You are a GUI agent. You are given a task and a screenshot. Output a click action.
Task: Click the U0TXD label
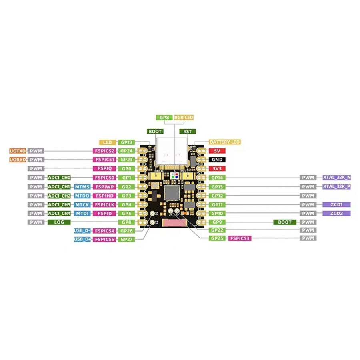pyautogui.click(x=18, y=151)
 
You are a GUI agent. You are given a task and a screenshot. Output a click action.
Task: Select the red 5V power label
pyautogui.click(x=217, y=151)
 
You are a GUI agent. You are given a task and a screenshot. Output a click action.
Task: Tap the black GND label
pyautogui.click(x=217, y=160)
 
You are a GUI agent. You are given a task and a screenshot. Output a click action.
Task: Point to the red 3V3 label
pyautogui.click(x=217, y=168)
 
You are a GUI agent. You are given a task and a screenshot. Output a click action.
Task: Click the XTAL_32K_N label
pyautogui.click(x=337, y=177)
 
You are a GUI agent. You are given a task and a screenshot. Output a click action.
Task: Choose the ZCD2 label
pyautogui.click(x=337, y=213)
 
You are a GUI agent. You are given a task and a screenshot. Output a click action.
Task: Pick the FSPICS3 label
pyautogui.click(x=240, y=238)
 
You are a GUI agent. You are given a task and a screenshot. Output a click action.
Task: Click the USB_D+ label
pyautogui.click(x=82, y=239)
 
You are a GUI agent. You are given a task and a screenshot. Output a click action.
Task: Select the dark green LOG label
pyautogui.click(x=59, y=222)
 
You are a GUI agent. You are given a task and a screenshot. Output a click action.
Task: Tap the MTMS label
pyautogui.click(x=82, y=186)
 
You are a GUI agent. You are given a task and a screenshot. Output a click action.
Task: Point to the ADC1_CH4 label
pyautogui.click(x=59, y=213)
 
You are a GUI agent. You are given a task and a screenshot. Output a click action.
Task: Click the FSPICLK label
pyautogui.click(x=104, y=204)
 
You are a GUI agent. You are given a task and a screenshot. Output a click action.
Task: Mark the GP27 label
pyautogui.click(x=127, y=239)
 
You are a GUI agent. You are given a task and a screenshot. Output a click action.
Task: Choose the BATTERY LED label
pyautogui.click(x=224, y=142)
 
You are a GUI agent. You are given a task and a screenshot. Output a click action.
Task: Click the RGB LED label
pyautogui.click(x=184, y=118)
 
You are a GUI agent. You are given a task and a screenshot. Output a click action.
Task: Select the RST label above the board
pyautogui.click(x=187, y=131)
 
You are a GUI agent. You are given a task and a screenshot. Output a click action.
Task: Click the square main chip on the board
pyautogui.click(x=172, y=192)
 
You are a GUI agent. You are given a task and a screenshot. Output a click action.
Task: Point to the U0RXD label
pyautogui.click(x=18, y=160)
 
